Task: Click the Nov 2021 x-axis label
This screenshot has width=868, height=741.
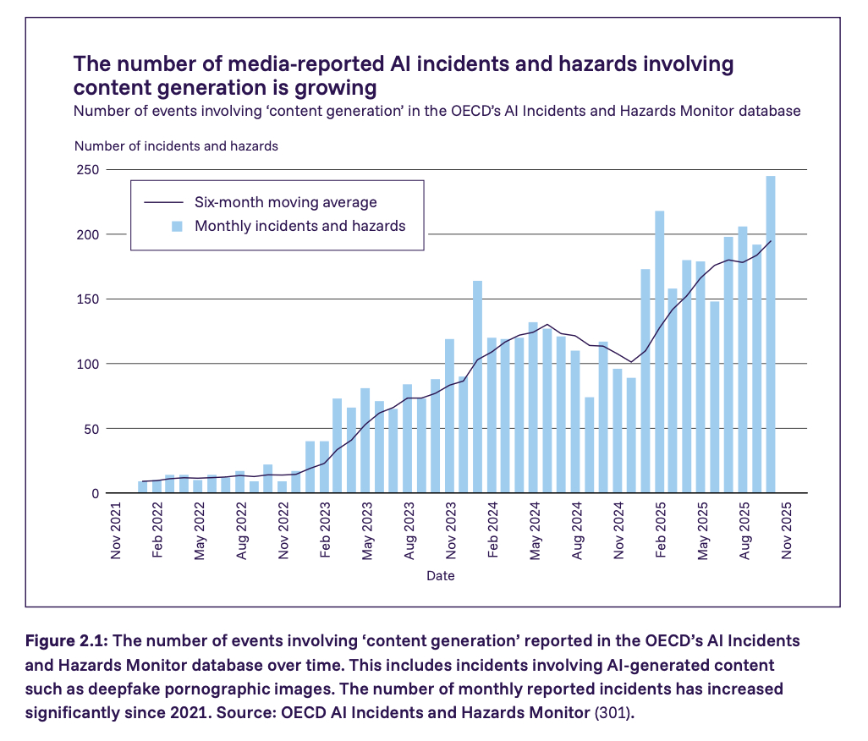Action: [117, 531]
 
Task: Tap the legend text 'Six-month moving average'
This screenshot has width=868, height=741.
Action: [286, 202]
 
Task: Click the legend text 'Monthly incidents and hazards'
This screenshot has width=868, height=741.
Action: [300, 226]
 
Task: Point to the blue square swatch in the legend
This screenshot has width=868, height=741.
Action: [176, 226]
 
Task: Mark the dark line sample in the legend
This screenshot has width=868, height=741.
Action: [163, 202]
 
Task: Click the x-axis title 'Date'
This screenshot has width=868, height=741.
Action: [440, 576]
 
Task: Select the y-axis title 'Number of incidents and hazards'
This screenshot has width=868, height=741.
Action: [176, 145]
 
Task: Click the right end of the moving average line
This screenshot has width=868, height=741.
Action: [771, 241]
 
